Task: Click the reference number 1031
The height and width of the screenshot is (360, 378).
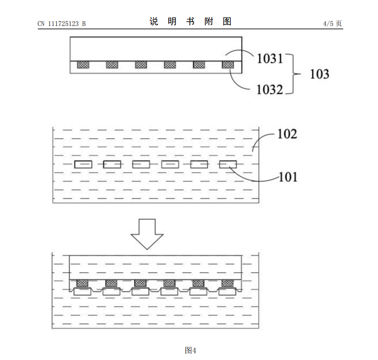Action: [x=270, y=59]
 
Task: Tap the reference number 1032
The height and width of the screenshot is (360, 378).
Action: [x=270, y=90]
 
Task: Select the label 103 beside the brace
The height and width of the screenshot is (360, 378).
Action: [x=319, y=74]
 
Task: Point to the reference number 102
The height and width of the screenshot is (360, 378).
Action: [x=287, y=134]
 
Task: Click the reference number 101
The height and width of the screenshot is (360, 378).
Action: [x=288, y=176]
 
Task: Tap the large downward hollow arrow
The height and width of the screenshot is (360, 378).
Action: [x=147, y=233]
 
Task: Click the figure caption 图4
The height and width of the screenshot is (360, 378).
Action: [x=190, y=350]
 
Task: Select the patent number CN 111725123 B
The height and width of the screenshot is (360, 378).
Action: [x=62, y=23]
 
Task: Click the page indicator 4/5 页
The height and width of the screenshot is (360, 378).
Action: [x=332, y=23]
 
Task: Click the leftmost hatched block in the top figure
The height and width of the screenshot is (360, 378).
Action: [x=83, y=65]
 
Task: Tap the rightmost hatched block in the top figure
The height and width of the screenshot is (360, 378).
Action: [x=228, y=65]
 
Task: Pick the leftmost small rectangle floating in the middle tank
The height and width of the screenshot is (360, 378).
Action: [x=83, y=165]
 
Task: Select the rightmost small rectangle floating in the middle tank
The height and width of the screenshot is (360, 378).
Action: [x=228, y=165]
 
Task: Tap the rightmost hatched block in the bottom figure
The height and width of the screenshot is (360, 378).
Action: [x=228, y=283]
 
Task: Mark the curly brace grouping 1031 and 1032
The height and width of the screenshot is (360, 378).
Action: [x=293, y=74]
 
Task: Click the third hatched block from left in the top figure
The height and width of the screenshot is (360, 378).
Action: [x=141, y=65]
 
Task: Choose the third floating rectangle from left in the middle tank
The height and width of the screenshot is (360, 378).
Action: [x=141, y=165]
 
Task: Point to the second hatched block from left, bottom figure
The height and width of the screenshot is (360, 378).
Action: [x=112, y=283]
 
